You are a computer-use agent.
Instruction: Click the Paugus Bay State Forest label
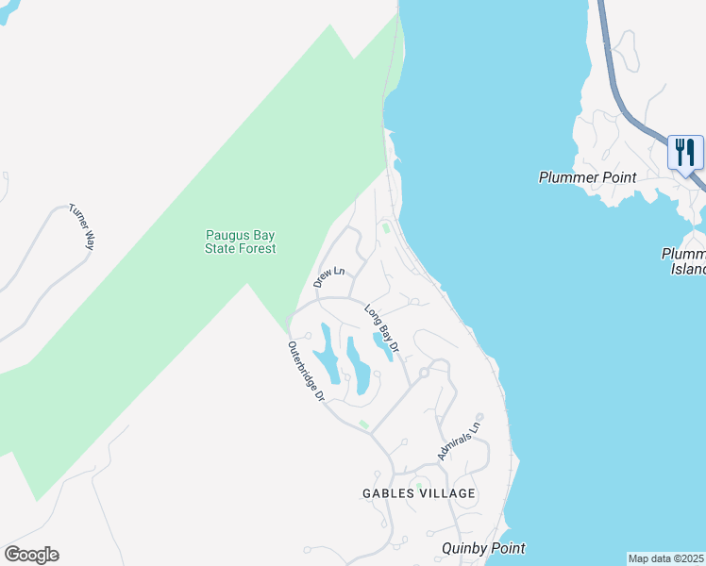coord(241,242)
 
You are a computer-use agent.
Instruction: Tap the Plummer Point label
coord(587,177)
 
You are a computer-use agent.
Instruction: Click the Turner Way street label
coord(82,226)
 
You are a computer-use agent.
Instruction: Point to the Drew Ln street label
coord(329,275)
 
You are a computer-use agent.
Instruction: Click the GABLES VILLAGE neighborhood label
coord(419,493)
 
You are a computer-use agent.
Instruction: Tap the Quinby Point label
coord(482,548)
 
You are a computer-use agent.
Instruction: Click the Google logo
coord(31,555)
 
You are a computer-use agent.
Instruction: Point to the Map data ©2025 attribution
coord(665,558)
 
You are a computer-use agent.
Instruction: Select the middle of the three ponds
coord(358,366)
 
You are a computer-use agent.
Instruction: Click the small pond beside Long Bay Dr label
coord(382,345)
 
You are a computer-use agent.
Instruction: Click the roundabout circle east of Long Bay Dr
coord(424,374)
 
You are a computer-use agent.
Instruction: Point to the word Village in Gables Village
coord(448,493)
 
